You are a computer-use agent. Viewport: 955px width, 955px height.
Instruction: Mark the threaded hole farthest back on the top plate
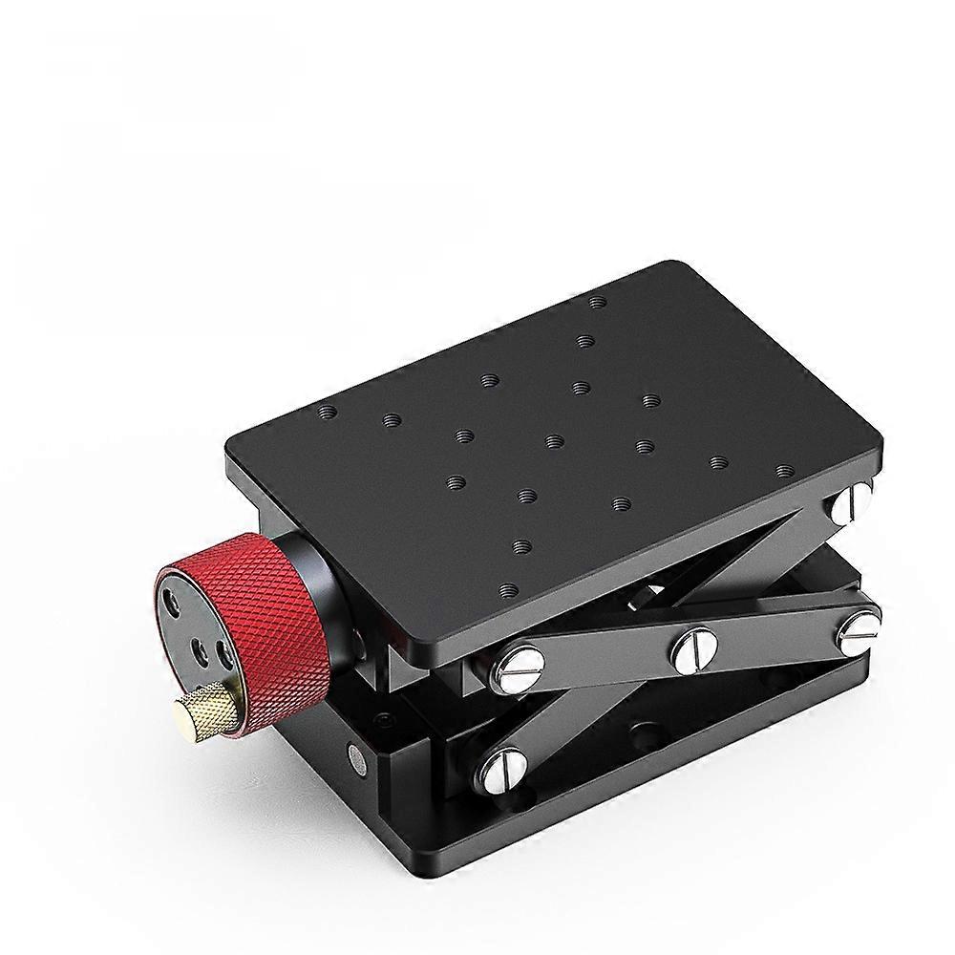coord(598,302)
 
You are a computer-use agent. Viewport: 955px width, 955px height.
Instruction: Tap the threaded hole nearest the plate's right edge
coord(785,471)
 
